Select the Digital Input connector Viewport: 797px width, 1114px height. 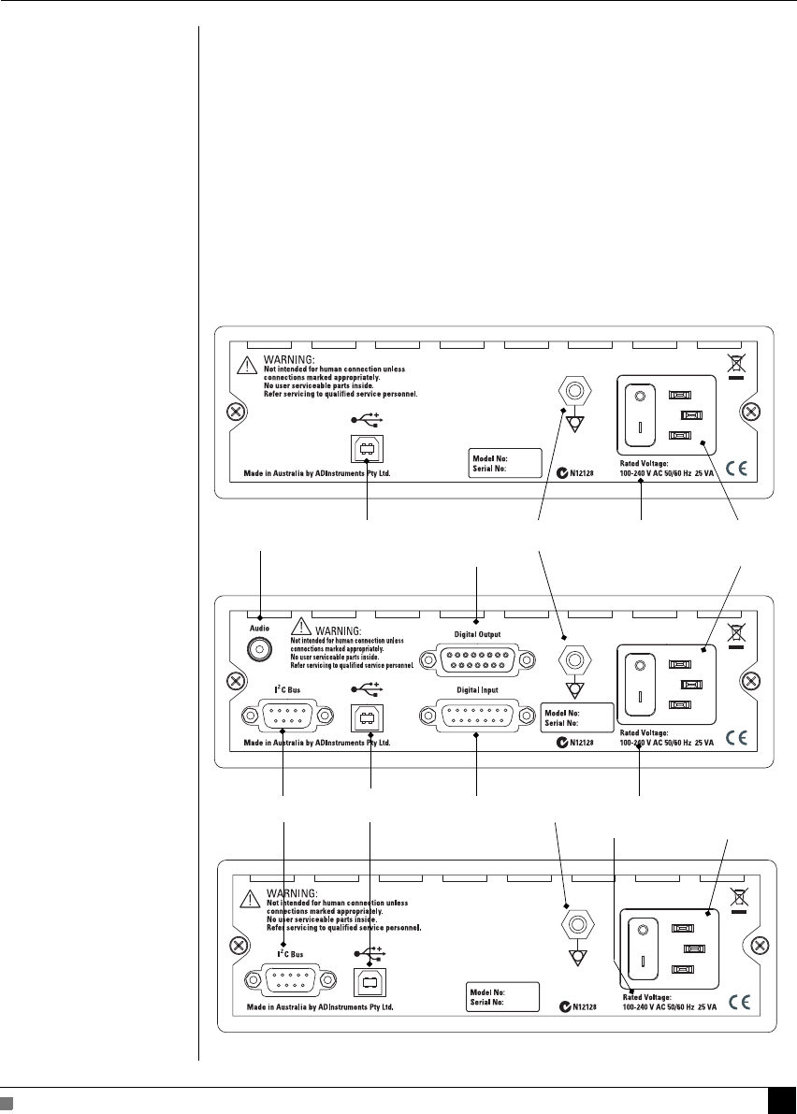tap(477, 716)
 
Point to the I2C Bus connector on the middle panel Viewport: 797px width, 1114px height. tap(287, 716)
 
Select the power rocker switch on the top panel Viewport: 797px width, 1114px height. tap(641, 413)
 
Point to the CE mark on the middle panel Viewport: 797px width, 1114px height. tap(737, 737)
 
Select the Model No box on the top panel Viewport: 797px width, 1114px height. tap(506, 462)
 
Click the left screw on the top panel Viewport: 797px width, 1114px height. tap(236, 412)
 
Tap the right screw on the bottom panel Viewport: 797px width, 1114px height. tap(757, 947)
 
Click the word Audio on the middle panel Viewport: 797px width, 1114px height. tap(259, 629)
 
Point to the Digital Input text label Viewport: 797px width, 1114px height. tap(476, 690)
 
